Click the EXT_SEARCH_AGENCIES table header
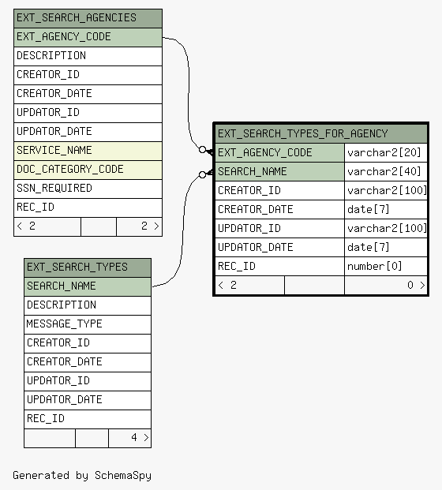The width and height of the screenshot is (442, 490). coord(88,18)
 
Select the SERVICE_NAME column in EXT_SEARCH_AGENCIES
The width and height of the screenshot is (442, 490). coord(88,151)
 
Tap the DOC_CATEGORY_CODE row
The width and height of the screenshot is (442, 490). coord(88,170)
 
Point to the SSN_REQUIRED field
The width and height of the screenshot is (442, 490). coord(88,189)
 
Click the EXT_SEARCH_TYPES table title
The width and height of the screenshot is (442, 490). coord(88,267)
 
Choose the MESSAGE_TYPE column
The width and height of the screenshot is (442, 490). coord(88,324)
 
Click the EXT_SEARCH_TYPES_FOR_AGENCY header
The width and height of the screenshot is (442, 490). coord(321,134)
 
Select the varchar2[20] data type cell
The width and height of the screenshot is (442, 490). coord(386,153)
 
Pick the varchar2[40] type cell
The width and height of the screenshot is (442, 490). coord(386,172)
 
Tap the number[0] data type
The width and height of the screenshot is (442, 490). coord(386,267)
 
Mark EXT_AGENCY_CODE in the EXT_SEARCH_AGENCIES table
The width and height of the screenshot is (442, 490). coord(88,37)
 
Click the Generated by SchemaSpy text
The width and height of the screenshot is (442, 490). coord(82,475)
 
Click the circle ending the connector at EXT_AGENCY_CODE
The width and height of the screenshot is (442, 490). coord(203,150)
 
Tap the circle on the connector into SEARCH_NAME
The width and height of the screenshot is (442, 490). coord(203,174)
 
